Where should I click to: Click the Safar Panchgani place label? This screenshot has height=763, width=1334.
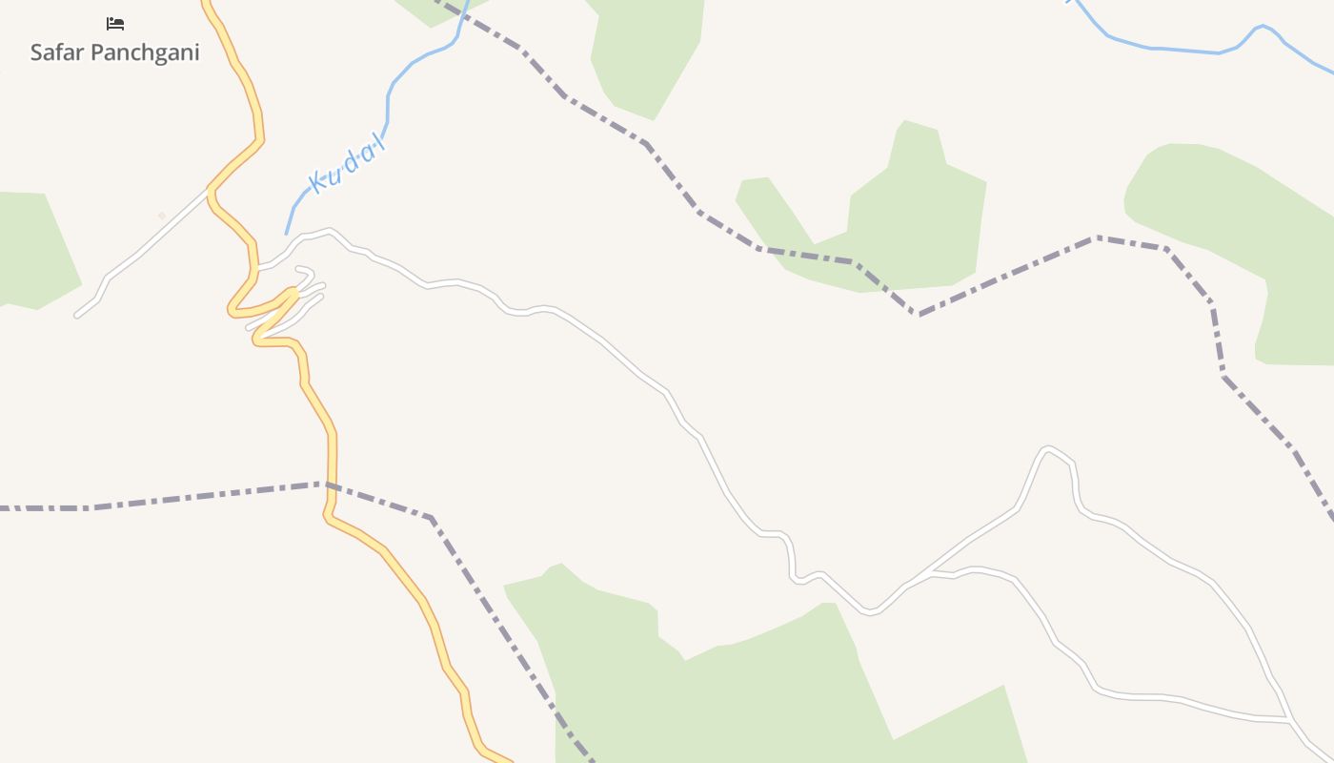coord(114,52)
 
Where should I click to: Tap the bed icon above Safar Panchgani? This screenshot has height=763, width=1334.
coord(115,23)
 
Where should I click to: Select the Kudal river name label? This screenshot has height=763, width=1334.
coord(347,164)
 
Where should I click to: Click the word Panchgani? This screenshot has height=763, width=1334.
coord(146,52)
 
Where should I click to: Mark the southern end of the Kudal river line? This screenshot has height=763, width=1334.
coord(286,233)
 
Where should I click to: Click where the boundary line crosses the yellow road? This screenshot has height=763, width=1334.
coord(332,485)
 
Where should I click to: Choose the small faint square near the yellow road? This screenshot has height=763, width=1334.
coord(162,216)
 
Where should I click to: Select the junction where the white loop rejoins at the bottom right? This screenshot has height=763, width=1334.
coord(1286,717)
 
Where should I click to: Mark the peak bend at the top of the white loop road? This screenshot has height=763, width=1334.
coord(1048,448)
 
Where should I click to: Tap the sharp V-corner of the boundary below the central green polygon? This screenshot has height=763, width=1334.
coord(918,314)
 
